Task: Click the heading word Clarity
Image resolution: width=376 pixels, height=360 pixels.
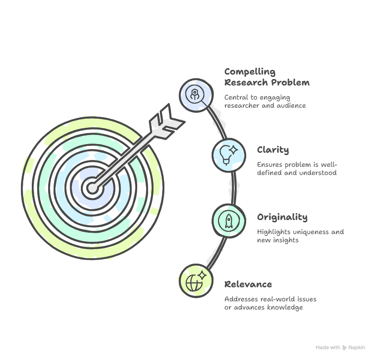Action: click(x=273, y=150)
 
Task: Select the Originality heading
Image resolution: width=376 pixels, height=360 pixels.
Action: click(x=282, y=217)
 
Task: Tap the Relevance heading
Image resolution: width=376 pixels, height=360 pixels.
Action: click(x=248, y=285)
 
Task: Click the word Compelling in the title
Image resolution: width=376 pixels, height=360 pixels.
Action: click(x=250, y=72)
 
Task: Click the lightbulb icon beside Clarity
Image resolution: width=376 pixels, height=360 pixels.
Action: click(x=226, y=155)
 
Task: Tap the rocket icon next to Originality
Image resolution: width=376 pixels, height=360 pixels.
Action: click(x=229, y=221)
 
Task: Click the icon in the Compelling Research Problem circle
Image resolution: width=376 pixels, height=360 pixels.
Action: click(x=195, y=95)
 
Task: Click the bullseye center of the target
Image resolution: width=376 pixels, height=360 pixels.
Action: click(x=92, y=188)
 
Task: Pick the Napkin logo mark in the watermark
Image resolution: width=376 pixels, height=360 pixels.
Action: click(x=344, y=348)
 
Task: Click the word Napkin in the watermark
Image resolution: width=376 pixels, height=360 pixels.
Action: click(x=356, y=348)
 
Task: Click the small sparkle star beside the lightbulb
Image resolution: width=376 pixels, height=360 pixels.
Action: click(x=233, y=150)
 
